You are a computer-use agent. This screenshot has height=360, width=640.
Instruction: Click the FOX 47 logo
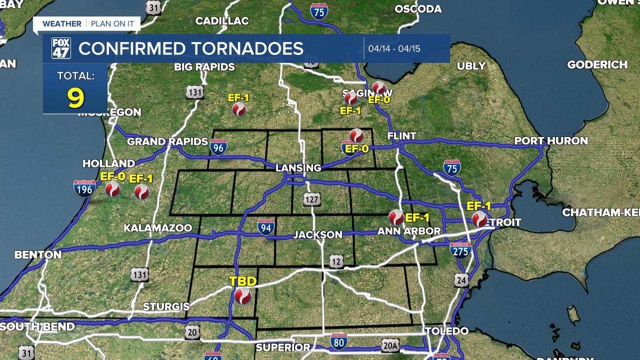(61, 48)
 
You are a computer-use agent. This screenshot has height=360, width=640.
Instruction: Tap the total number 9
(75, 98)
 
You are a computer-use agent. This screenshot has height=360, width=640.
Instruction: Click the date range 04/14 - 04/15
(394, 49)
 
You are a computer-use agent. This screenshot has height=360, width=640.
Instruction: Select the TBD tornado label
(242, 281)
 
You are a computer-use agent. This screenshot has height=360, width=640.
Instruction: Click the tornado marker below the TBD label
(243, 296)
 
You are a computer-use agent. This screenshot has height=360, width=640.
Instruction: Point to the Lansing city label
(298, 168)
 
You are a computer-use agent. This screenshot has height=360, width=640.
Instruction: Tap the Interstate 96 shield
(218, 147)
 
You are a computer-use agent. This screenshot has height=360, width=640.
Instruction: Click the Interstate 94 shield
(266, 227)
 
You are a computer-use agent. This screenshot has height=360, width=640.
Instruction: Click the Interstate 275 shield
(460, 250)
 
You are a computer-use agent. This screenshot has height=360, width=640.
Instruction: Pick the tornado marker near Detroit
(479, 218)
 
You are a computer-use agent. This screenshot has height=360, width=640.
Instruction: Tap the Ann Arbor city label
(409, 231)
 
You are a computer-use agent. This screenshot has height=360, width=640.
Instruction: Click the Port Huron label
(551, 141)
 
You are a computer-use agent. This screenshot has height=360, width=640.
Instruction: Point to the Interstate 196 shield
(84, 188)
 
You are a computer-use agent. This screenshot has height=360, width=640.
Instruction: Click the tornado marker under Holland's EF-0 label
(112, 189)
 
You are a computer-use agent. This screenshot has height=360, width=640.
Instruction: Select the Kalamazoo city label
(158, 228)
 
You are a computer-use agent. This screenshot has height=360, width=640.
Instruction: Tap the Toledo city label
(446, 331)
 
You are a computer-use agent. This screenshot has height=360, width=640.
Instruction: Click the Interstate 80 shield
(339, 342)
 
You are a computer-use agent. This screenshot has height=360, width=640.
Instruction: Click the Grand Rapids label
(167, 141)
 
